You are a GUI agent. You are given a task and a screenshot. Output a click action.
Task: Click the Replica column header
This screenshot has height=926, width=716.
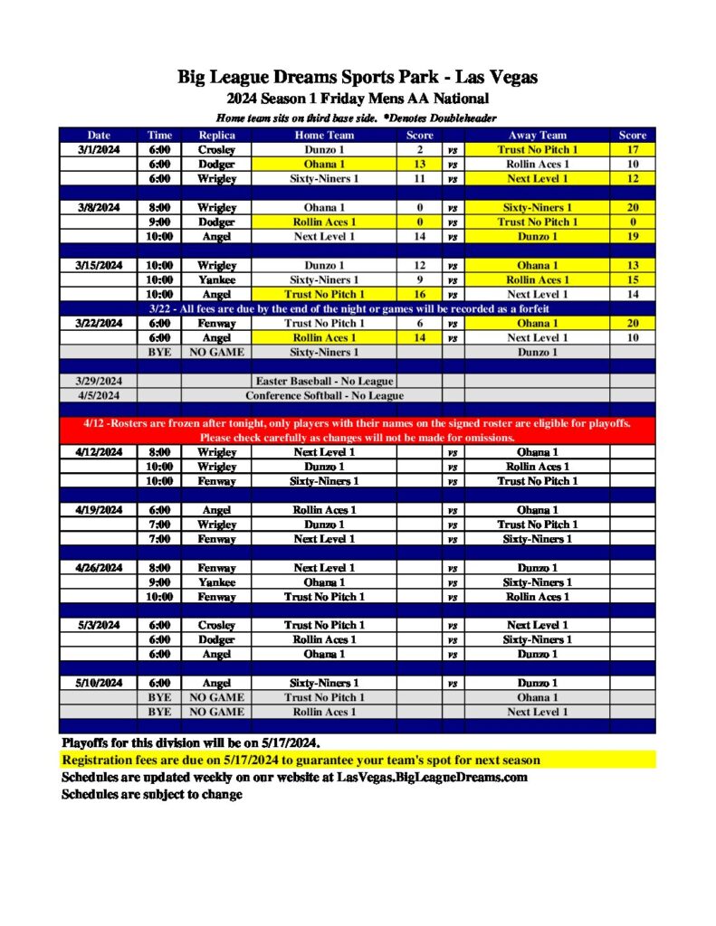tap(216, 136)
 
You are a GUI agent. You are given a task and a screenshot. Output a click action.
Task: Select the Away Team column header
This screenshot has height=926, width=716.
tap(537, 136)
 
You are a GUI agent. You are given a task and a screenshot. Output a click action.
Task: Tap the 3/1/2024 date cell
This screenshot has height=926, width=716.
tap(97, 150)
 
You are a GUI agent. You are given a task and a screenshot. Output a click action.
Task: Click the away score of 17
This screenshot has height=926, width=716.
tap(633, 150)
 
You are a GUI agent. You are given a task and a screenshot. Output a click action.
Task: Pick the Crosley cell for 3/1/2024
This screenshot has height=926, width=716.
tap(216, 150)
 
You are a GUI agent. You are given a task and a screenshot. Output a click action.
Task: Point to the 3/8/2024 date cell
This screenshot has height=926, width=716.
tap(97, 208)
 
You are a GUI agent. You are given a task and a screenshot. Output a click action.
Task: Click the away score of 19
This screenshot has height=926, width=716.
tap(633, 237)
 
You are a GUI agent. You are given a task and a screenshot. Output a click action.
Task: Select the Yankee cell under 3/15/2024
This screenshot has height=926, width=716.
tap(216, 280)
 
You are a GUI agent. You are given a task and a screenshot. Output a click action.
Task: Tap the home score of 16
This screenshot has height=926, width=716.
tap(419, 295)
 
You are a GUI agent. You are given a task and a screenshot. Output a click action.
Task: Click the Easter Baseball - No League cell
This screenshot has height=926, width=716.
tap(324, 382)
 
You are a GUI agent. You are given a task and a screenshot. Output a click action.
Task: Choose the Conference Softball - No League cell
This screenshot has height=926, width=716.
tap(324, 396)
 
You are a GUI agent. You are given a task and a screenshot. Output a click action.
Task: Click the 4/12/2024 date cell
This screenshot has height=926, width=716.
tap(97, 452)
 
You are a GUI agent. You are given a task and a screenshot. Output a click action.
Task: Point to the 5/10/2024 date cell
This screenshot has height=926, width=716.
tap(97, 684)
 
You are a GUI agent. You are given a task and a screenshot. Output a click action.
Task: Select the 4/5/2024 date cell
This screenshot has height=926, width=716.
tap(97, 396)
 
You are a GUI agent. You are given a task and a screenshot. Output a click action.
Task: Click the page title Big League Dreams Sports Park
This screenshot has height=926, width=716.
tap(358, 78)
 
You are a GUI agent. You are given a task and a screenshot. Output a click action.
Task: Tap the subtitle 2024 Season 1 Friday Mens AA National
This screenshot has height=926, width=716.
tap(358, 99)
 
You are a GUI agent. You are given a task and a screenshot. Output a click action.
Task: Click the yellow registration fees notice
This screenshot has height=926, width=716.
tap(301, 761)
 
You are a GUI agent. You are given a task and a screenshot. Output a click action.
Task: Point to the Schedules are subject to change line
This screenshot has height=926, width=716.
tap(151, 795)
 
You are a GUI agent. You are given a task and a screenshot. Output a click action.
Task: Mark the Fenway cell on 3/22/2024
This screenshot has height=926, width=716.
tap(216, 324)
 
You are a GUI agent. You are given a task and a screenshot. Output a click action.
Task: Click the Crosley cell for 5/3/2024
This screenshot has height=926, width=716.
tap(216, 626)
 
